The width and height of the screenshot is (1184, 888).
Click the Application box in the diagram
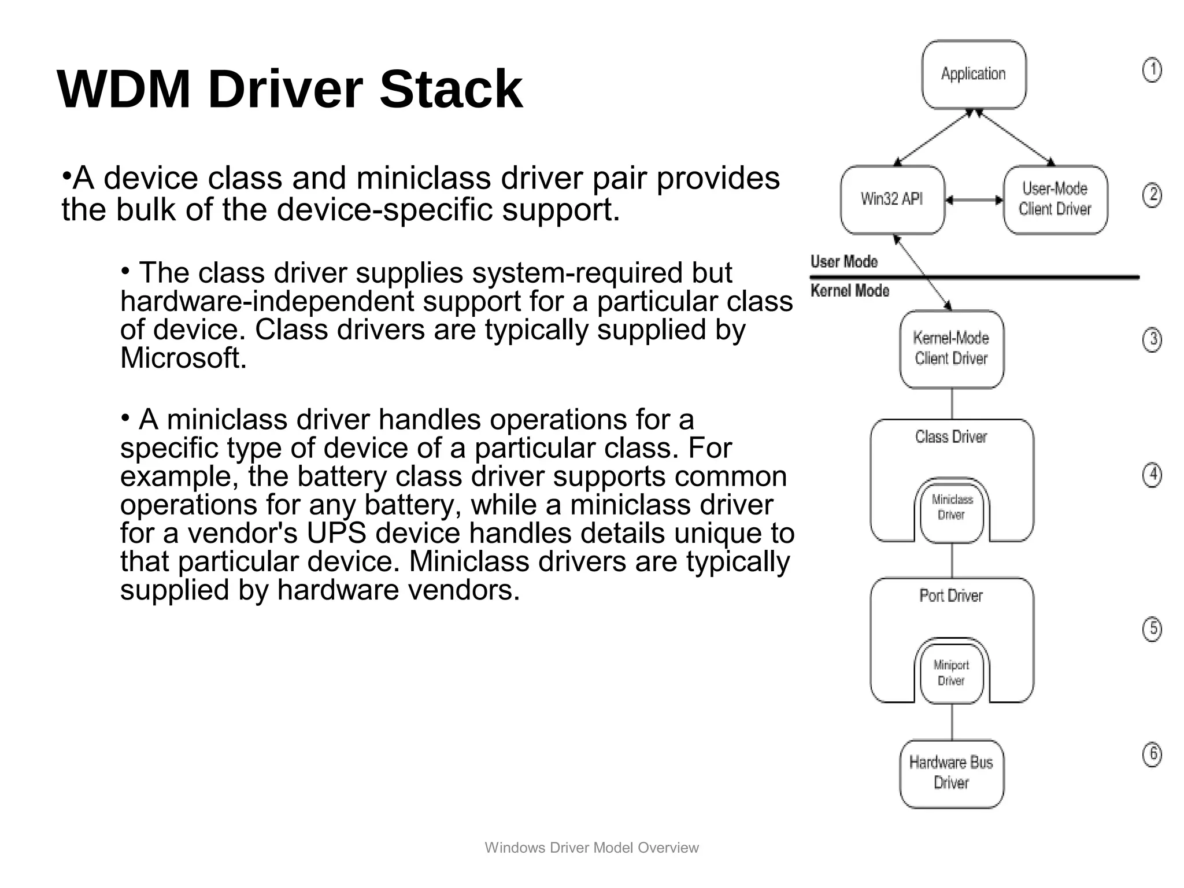974,74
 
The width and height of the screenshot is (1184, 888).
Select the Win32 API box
892,199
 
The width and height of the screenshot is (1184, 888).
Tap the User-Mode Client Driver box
1055,199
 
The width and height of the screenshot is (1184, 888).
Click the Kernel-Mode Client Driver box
952,349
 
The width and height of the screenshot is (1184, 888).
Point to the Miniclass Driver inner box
952,508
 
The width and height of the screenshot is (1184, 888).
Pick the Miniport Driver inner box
952,673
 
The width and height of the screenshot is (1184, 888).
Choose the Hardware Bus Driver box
952,773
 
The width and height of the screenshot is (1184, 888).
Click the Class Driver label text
951,437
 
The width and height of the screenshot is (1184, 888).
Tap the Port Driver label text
951,596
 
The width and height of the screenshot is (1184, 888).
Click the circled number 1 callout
1152,71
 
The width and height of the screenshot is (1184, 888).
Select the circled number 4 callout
1152,475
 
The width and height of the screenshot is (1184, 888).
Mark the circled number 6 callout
1152,754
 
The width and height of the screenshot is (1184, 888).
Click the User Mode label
844,262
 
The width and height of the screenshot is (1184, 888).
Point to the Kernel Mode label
850,291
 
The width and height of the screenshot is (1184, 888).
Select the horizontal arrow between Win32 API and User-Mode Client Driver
974,200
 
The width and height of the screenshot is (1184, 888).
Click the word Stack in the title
451,90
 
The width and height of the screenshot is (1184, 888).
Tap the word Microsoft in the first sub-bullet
183,358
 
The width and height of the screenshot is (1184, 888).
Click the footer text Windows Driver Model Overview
591,848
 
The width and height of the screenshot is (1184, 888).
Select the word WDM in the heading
124,90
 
